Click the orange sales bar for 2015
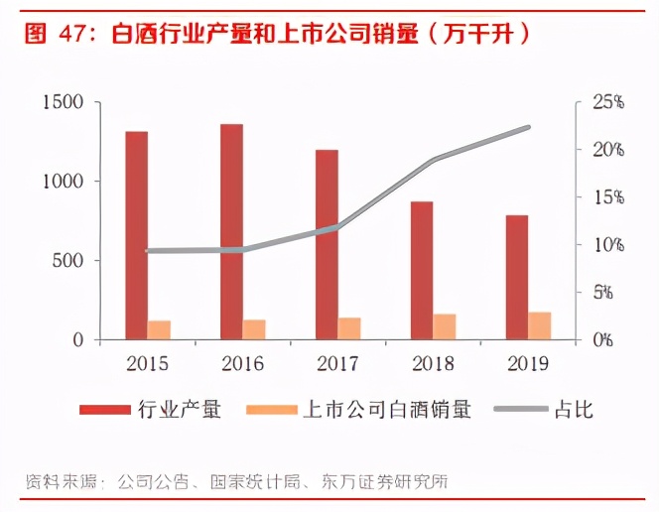[x=160, y=329]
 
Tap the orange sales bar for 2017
[x=349, y=328]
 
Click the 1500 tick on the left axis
[x=63, y=102]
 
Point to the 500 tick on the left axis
[x=68, y=261]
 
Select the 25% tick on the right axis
[x=607, y=102]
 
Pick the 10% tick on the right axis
[x=607, y=245]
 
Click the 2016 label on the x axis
[x=243, y=363]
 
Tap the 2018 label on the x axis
[x=433, y=363]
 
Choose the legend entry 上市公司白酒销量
[x=386, y=409]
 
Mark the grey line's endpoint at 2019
[x=528, y=127]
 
